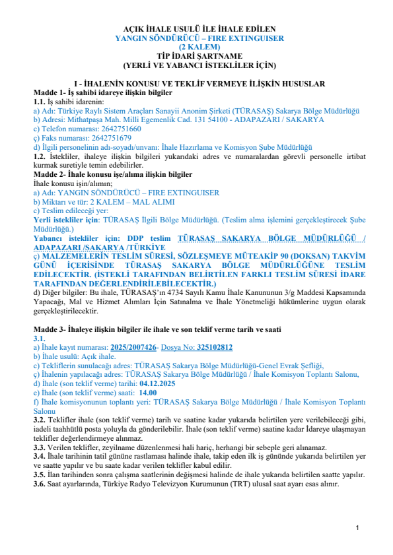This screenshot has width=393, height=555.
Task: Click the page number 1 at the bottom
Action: tap(356, 527)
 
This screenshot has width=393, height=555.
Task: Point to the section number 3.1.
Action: tap(40, 338)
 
